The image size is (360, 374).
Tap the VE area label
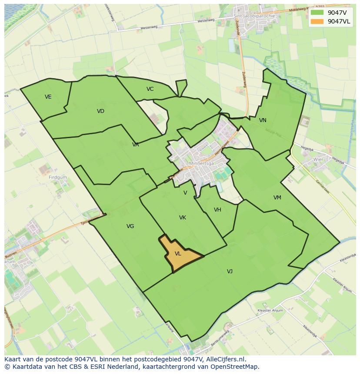pos(48,97)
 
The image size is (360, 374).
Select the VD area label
pos(100,111)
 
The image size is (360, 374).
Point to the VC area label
pos(150,89)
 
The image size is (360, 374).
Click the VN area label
pos(263,120)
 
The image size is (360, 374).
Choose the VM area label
pos(277,198)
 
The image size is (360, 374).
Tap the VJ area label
pos(230,271)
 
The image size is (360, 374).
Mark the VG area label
pos(130,226)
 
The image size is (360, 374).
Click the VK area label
pos(183,218)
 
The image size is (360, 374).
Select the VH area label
pos(217,210)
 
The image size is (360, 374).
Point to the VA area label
pos(136,145)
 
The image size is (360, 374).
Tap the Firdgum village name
pos(58,178)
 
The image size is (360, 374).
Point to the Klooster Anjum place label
pos(270,311)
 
